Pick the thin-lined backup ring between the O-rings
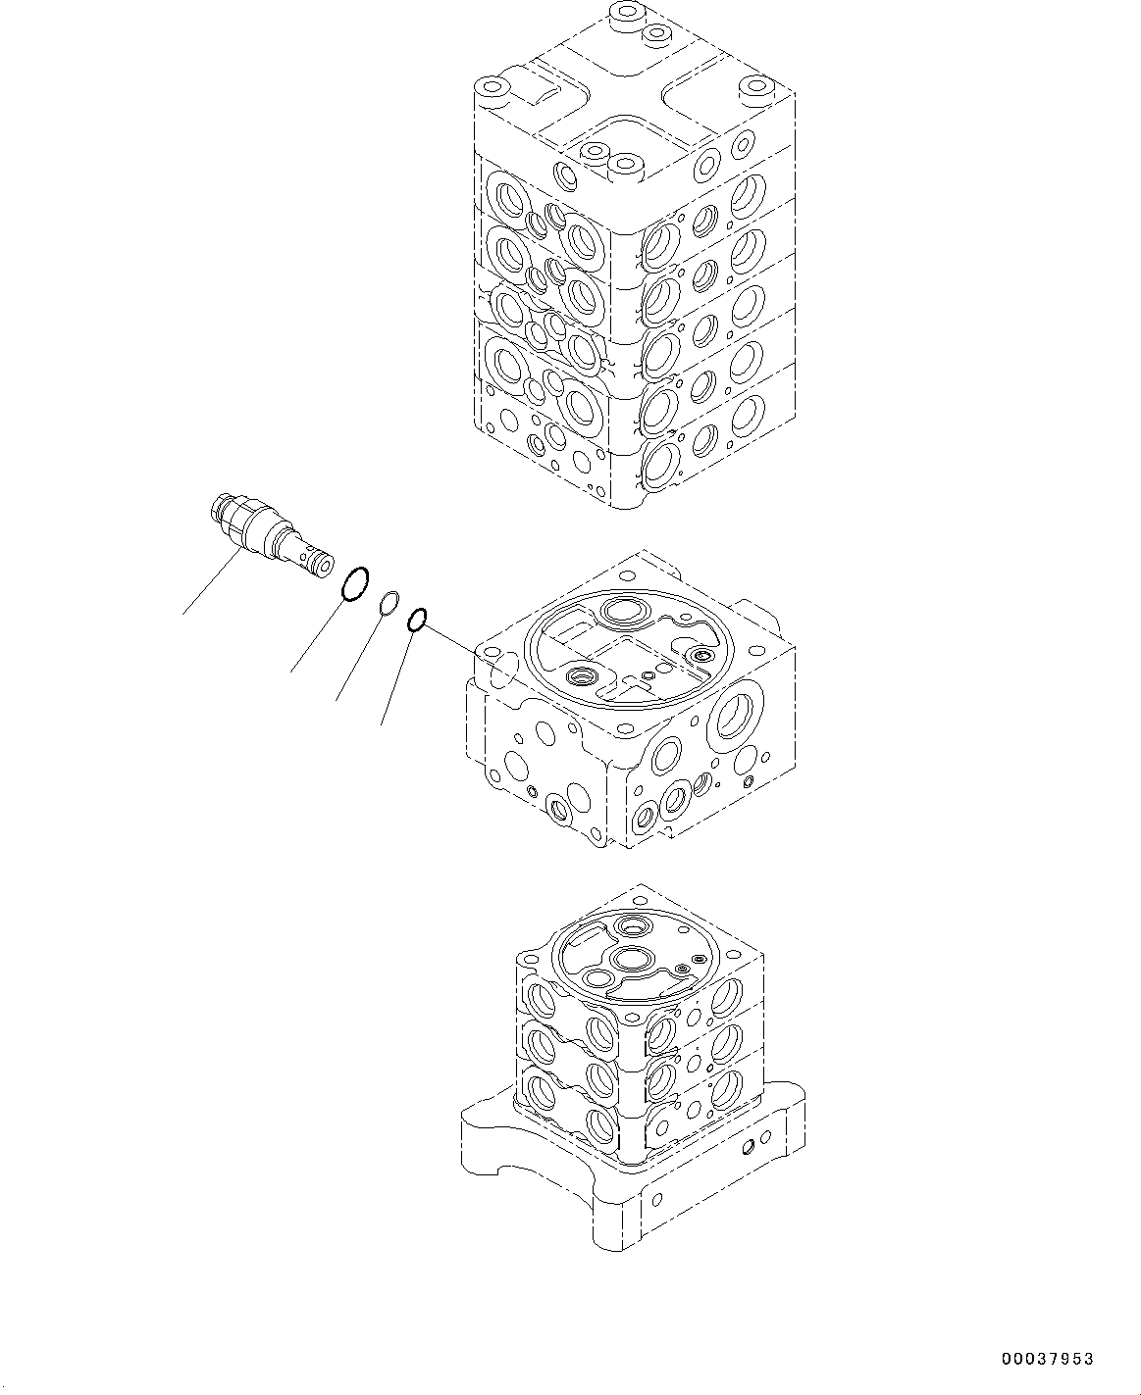pyautogui.click(x=389, y=604)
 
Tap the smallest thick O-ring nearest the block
pyautogui.click(x=416, y=619)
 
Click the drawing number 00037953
pyautogui.click(x=1047, y=1359)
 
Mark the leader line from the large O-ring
pyautogui.click(x=317, y=637)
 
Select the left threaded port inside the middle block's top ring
pyautogui.click(x=583, y=676)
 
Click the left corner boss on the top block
pyautogui.click(x=493, y=91)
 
